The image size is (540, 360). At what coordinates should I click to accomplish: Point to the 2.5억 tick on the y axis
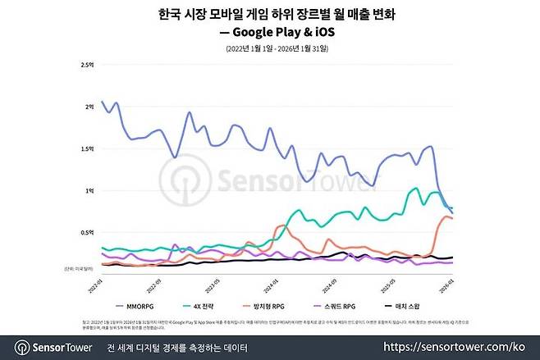coord(86,64)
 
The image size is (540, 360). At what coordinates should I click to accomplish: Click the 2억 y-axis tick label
coord(89,106)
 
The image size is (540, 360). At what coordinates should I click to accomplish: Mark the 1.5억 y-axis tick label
coord(86,148)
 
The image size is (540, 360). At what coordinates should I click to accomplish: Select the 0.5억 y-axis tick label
coord(86,233)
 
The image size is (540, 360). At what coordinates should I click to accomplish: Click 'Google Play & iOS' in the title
coord(281,33)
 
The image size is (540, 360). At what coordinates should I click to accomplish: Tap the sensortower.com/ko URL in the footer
coord(467,348)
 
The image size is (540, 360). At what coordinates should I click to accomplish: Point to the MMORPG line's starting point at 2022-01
coord(102,102)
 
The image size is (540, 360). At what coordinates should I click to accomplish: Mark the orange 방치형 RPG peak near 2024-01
coord(282,225)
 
